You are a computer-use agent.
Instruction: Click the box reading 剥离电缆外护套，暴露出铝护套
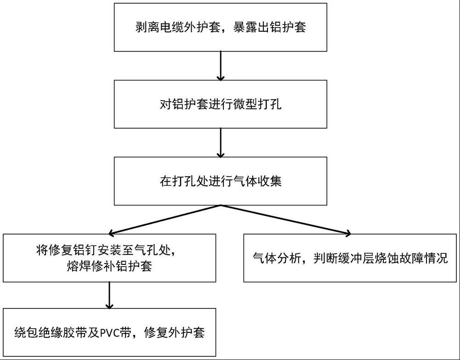click(x=221, y=27)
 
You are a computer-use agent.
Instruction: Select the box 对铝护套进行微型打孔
click(x=221, y=104)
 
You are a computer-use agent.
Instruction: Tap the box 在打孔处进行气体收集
click(x=221, y=181)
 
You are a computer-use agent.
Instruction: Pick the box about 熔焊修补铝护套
click(x=109, y=258)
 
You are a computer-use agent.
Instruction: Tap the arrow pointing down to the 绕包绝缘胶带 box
click(x=109, y=295)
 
